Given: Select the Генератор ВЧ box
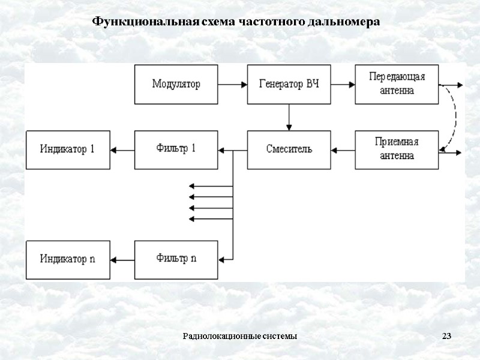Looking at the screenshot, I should pyautogui.click(x=289, y=85).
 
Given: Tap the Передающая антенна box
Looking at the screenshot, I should pyautogui.click(x=397, y=85).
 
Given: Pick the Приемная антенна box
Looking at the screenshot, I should pyautogui.click(x=397, y=149).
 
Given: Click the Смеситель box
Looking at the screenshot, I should pyautogui.click(x=289, y=149).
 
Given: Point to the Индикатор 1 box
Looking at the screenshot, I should pyautogui.click(x=67, y=149).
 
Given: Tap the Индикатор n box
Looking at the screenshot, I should pyautogui.click(x=67, y=259).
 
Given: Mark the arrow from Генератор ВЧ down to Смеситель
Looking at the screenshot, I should pyautogui.click(x=289, y=118).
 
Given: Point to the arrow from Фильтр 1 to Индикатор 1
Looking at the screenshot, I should pyautogui.click(x=122, y=149).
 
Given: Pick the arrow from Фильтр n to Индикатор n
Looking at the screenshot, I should pyautogui.click(x=122, y=259).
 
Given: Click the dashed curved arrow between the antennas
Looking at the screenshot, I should pyautogui.click(x=454, y=117).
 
